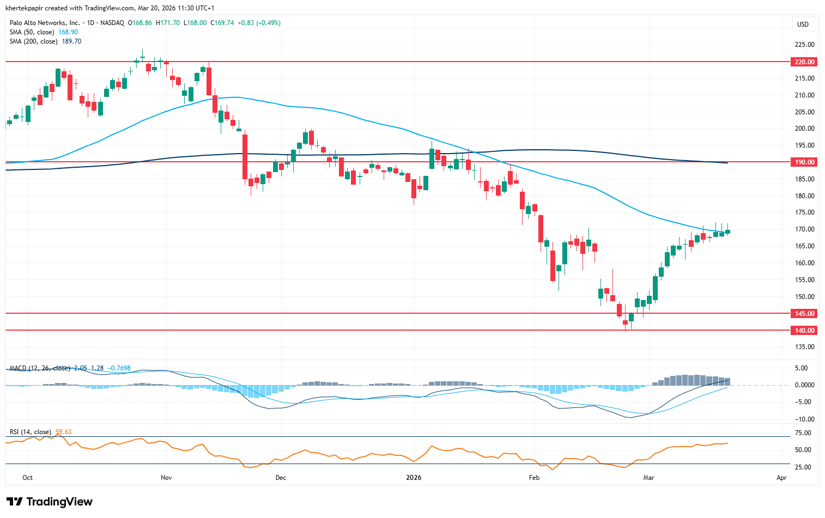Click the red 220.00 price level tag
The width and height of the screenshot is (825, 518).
[x=804, y=62]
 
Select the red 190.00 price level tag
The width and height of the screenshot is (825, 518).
[x=804, y=162]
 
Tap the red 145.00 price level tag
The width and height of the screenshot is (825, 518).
[x=804, y=314]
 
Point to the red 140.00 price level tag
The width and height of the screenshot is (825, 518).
[x=804, y=331]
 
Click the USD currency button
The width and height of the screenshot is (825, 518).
[x=803, y=25]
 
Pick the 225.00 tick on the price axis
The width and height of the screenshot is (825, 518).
[x=804, y=45]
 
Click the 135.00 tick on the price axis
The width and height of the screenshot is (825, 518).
[x=804, y=347]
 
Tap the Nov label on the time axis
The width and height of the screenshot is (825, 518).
[x=166, y=478]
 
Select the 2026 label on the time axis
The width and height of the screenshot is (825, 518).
[x=414, y=478]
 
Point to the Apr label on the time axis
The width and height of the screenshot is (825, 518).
[x=781, y=478]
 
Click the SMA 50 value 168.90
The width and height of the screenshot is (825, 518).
[x=68, y=32]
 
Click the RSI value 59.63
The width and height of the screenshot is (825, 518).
[x=63, y=432]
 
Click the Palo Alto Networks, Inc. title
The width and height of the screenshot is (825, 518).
[x=45, y=23]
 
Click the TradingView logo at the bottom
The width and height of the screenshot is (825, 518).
[x=50, y=502]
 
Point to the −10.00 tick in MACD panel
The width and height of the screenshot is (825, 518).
[x=804, y=419]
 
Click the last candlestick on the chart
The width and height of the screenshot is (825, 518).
[x=727, y=231]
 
